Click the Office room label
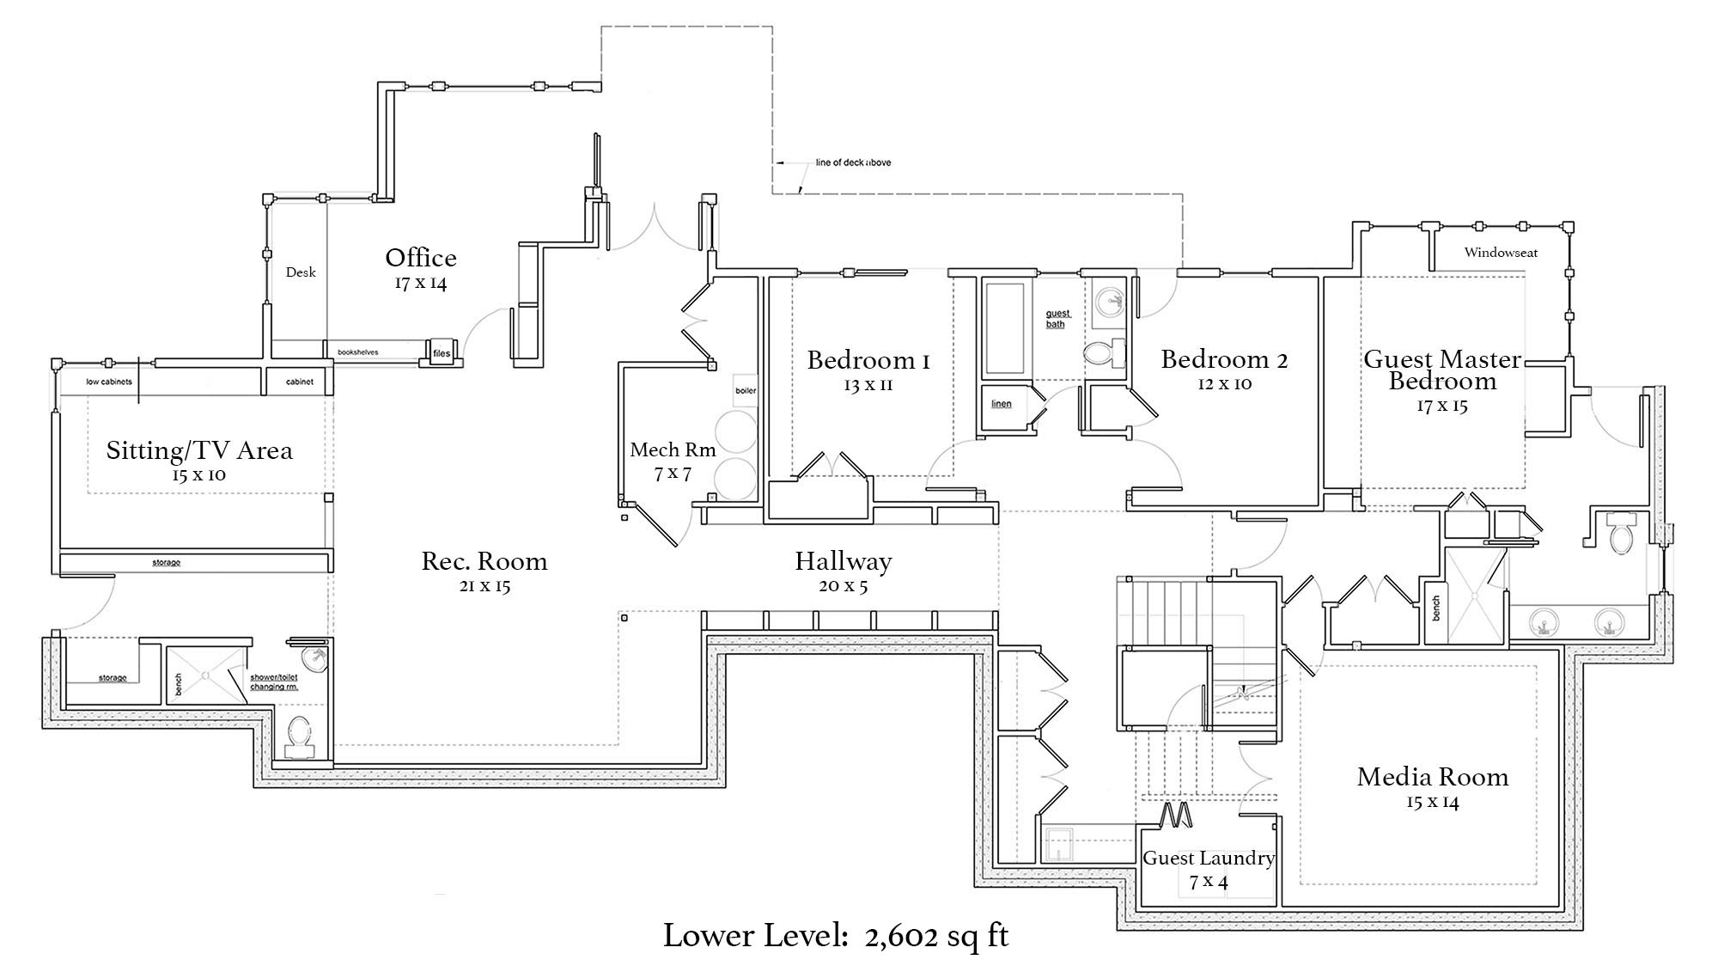click(420, 258)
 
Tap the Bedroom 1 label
click(868, 360)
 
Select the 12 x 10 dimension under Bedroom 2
click(1224, 384)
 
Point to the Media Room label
click(1432, 777)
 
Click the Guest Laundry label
click(1208, 858)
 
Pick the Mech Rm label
click(673, 449)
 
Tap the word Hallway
click(843, 561)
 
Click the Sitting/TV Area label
click(199, 450)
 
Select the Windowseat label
click(1501, 253)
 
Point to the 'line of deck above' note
click(852, 162)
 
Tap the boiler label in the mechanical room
click(745, 391)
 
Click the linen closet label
click(1001, 404)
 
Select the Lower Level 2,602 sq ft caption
click(835, 936)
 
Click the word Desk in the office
click(301, 272)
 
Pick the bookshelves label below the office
click(357, 352)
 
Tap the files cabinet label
click(441, 352)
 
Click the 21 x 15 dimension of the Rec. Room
click(484, 586)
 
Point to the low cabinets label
click(108, 382)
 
